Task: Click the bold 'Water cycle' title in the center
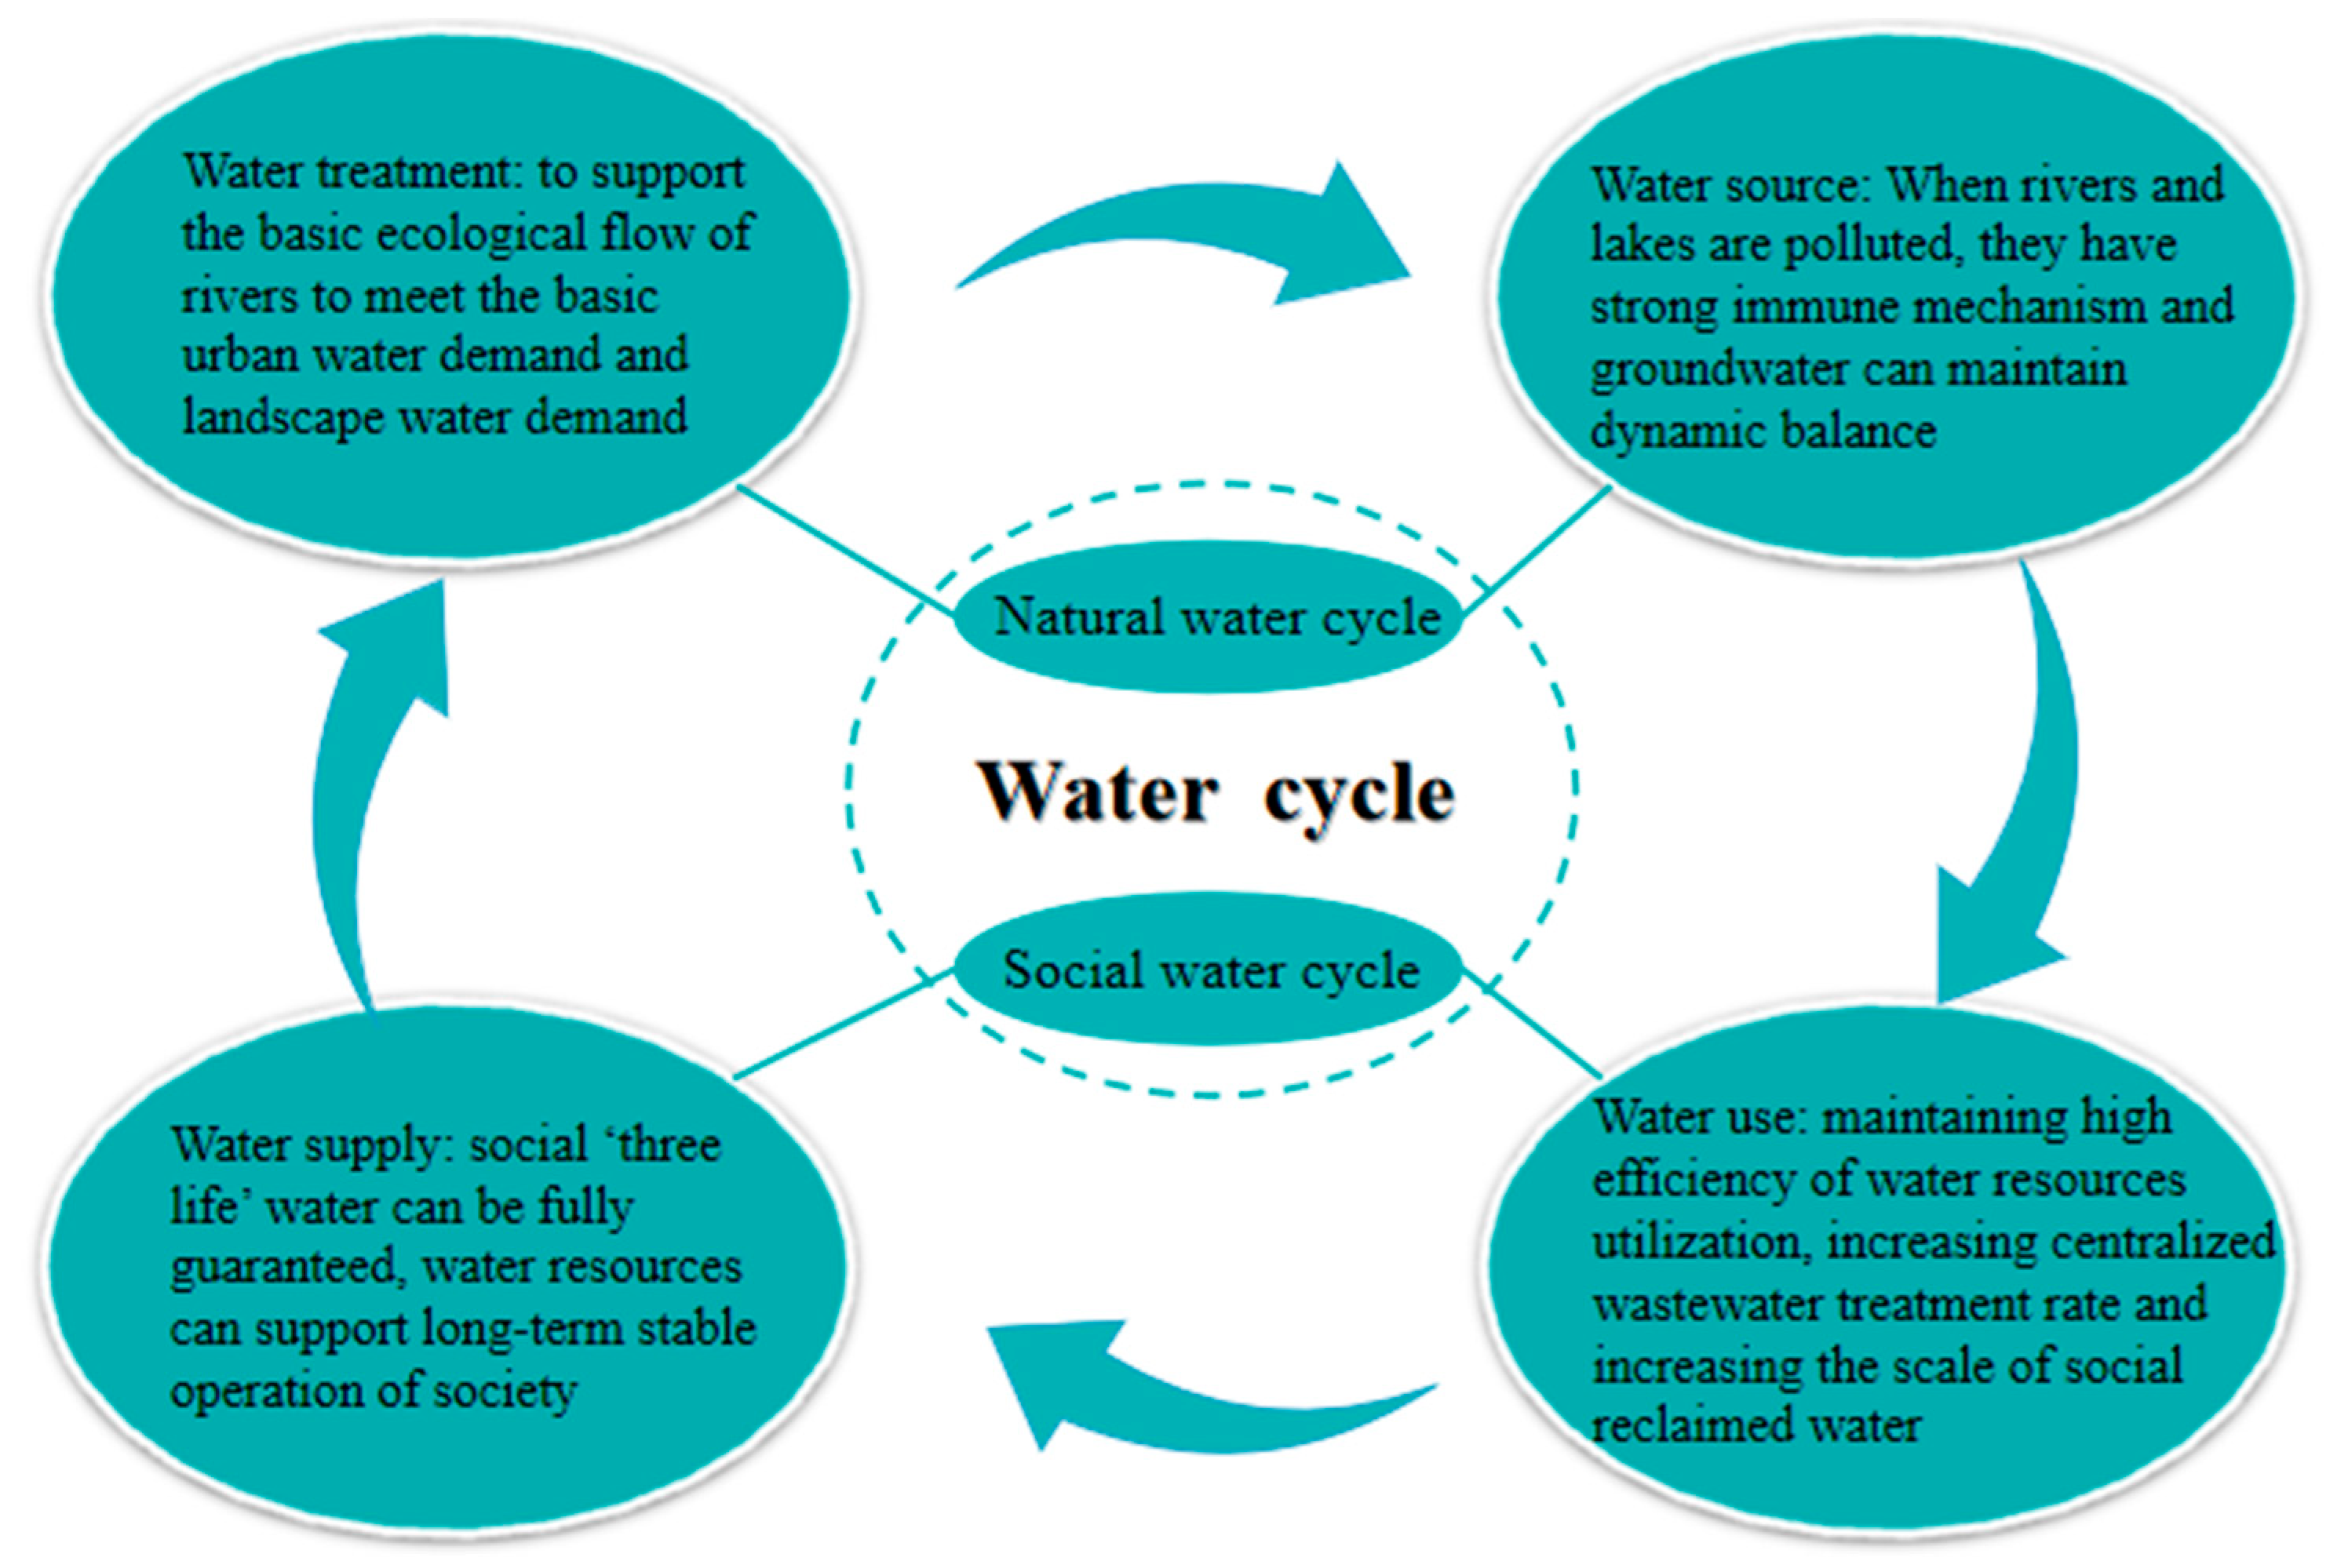1217,793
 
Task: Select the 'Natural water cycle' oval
1208,617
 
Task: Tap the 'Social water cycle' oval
1208,970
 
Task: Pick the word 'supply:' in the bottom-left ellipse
384,1145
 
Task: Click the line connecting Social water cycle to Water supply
841,1025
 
